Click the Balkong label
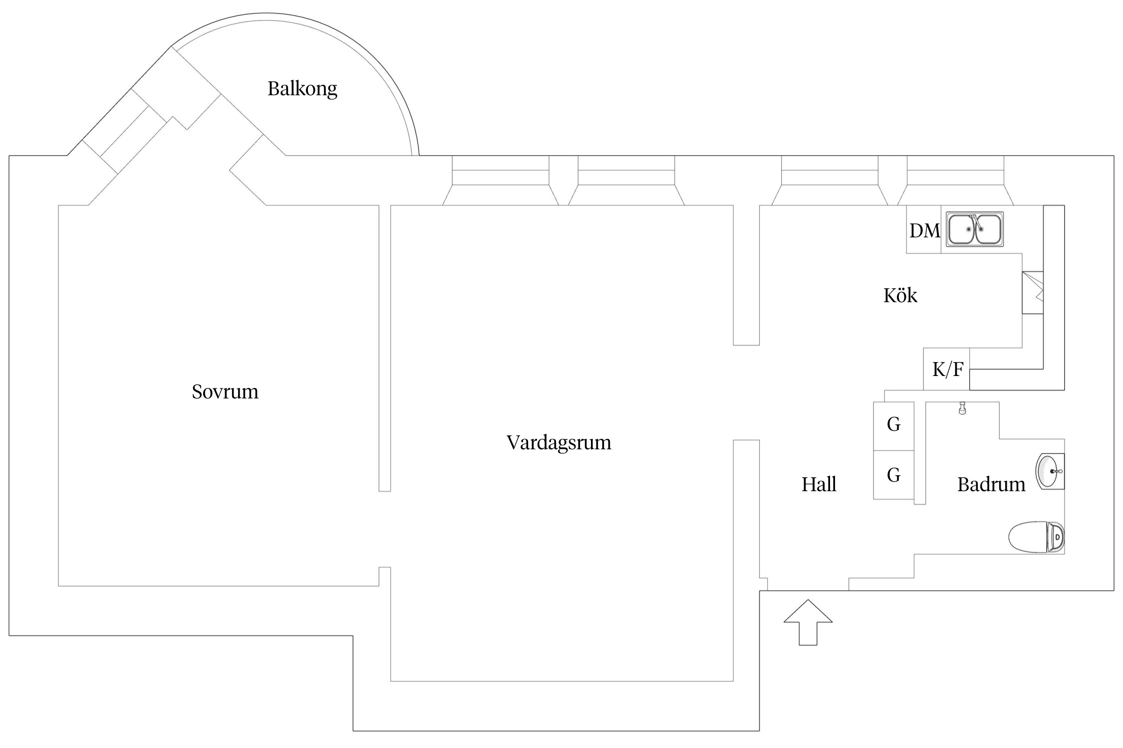point(302,89)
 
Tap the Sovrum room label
point(225,392)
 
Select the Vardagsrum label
point(559,443)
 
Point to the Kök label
point(900,296)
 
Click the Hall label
point(819,484)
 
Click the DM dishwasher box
point(924,230)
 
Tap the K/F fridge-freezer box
point(946,370)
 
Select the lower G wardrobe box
point(893,475)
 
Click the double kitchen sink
point(975,229)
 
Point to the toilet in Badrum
point(1036,537)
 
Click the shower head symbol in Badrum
point(962,408)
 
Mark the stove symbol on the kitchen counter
point(1032,292)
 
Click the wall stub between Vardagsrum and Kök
point(746,274)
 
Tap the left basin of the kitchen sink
point(961,229)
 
